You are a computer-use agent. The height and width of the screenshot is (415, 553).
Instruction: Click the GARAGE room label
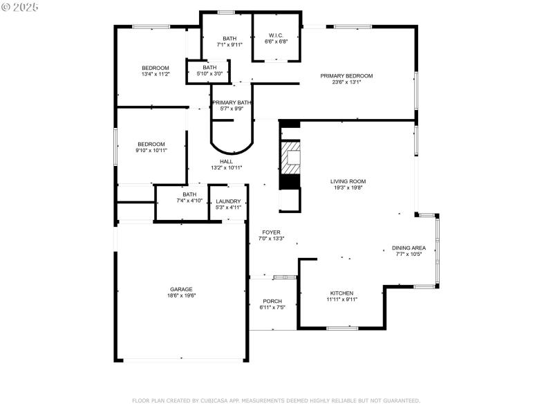(x=182, y=289)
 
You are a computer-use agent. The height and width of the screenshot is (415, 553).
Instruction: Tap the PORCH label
(x=272, y=301)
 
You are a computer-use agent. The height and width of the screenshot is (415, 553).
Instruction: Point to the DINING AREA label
(x=409, y=248)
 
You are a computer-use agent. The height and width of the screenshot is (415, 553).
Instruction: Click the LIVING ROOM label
(x=348, y=181)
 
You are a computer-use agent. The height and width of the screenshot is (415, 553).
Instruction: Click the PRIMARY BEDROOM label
(x=346, y=75)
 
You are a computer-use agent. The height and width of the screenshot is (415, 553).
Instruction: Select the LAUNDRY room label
(x=228, y=201)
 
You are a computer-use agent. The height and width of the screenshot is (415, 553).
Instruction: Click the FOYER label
(x=271, y=232)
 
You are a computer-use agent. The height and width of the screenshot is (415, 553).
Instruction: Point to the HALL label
(x=226, y=161)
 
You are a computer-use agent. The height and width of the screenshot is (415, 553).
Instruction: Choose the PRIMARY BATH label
(x=232, y=102)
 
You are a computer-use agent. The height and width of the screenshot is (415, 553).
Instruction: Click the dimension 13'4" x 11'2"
(x=156, y=74)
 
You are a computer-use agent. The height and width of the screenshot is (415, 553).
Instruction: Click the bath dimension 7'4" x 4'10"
(x=189, y=201)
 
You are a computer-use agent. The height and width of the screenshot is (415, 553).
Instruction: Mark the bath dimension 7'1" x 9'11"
(x=230, y=44)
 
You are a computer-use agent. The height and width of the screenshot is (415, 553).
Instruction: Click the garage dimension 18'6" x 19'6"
(x=182, y=295)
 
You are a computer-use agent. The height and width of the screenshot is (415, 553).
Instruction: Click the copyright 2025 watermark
(x=20, y=6)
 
